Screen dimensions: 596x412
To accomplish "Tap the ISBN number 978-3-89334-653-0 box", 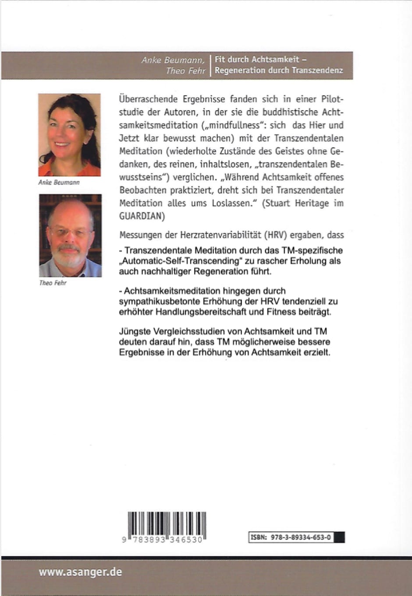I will (297, 537).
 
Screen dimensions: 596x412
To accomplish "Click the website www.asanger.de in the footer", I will (80, 572).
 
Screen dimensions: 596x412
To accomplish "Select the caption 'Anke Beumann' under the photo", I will (59, 182).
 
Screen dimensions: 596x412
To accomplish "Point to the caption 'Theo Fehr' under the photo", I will (53, 283).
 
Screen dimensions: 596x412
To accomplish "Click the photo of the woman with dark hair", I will (69, 134).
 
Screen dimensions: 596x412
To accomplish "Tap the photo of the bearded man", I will (70, 235).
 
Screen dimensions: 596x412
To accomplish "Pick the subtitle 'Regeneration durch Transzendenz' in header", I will (279, 70).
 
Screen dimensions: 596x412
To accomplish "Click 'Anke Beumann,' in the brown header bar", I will (173, 60).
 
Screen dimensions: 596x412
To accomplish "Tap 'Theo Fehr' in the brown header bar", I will (185, 71).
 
